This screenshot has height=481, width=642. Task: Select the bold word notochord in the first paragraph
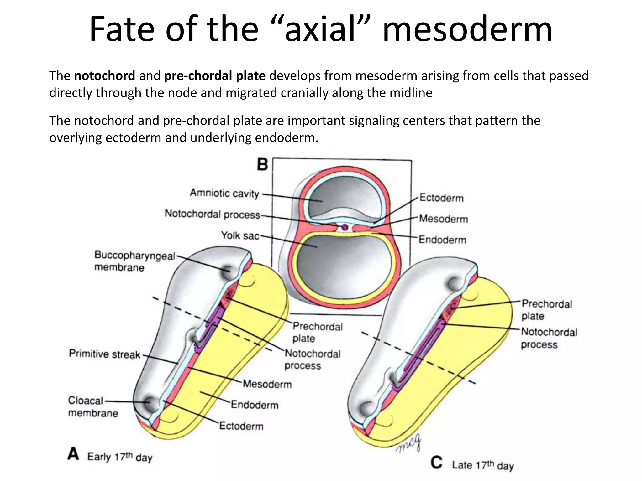click(x=105, y=76)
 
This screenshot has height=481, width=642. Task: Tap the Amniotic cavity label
click(x=224, y=193)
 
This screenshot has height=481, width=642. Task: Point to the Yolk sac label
click(x=240, y=235)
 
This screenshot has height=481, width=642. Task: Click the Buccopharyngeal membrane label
click(x=135, y=261)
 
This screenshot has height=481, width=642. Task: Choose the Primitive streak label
click(x=105, y=354)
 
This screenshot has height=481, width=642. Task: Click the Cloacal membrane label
click(x=93, y=406)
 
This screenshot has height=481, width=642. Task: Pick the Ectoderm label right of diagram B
click(x=441, y=198)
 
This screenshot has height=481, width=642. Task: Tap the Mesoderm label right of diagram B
click(x=443, y=219)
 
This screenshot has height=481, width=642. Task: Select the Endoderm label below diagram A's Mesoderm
click(x=255, y=405)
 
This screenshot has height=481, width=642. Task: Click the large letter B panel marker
click(x=263, y=164)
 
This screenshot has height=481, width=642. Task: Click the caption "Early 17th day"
click(x=120, y=457)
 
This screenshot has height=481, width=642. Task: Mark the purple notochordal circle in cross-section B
click(x=345, y=227)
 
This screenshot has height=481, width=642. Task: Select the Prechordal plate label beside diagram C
click(x=547, y=310)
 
